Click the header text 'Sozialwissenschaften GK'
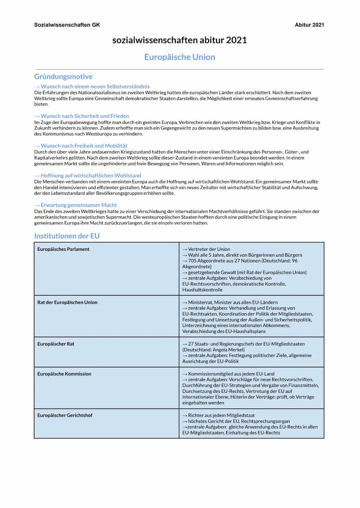[x=67, y=25]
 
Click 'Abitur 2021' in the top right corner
[x=309, y=25]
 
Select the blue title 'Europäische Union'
[x=180, y=57]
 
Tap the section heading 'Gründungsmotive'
[x=63, y=76]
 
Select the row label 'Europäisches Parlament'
[x=63, y=249]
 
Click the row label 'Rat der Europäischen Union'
[x=67, y=302]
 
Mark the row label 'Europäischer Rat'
[x=56, y=344]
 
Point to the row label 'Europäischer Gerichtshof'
[x=65, y=415]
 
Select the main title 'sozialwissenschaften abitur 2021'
[x=180, y=40]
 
